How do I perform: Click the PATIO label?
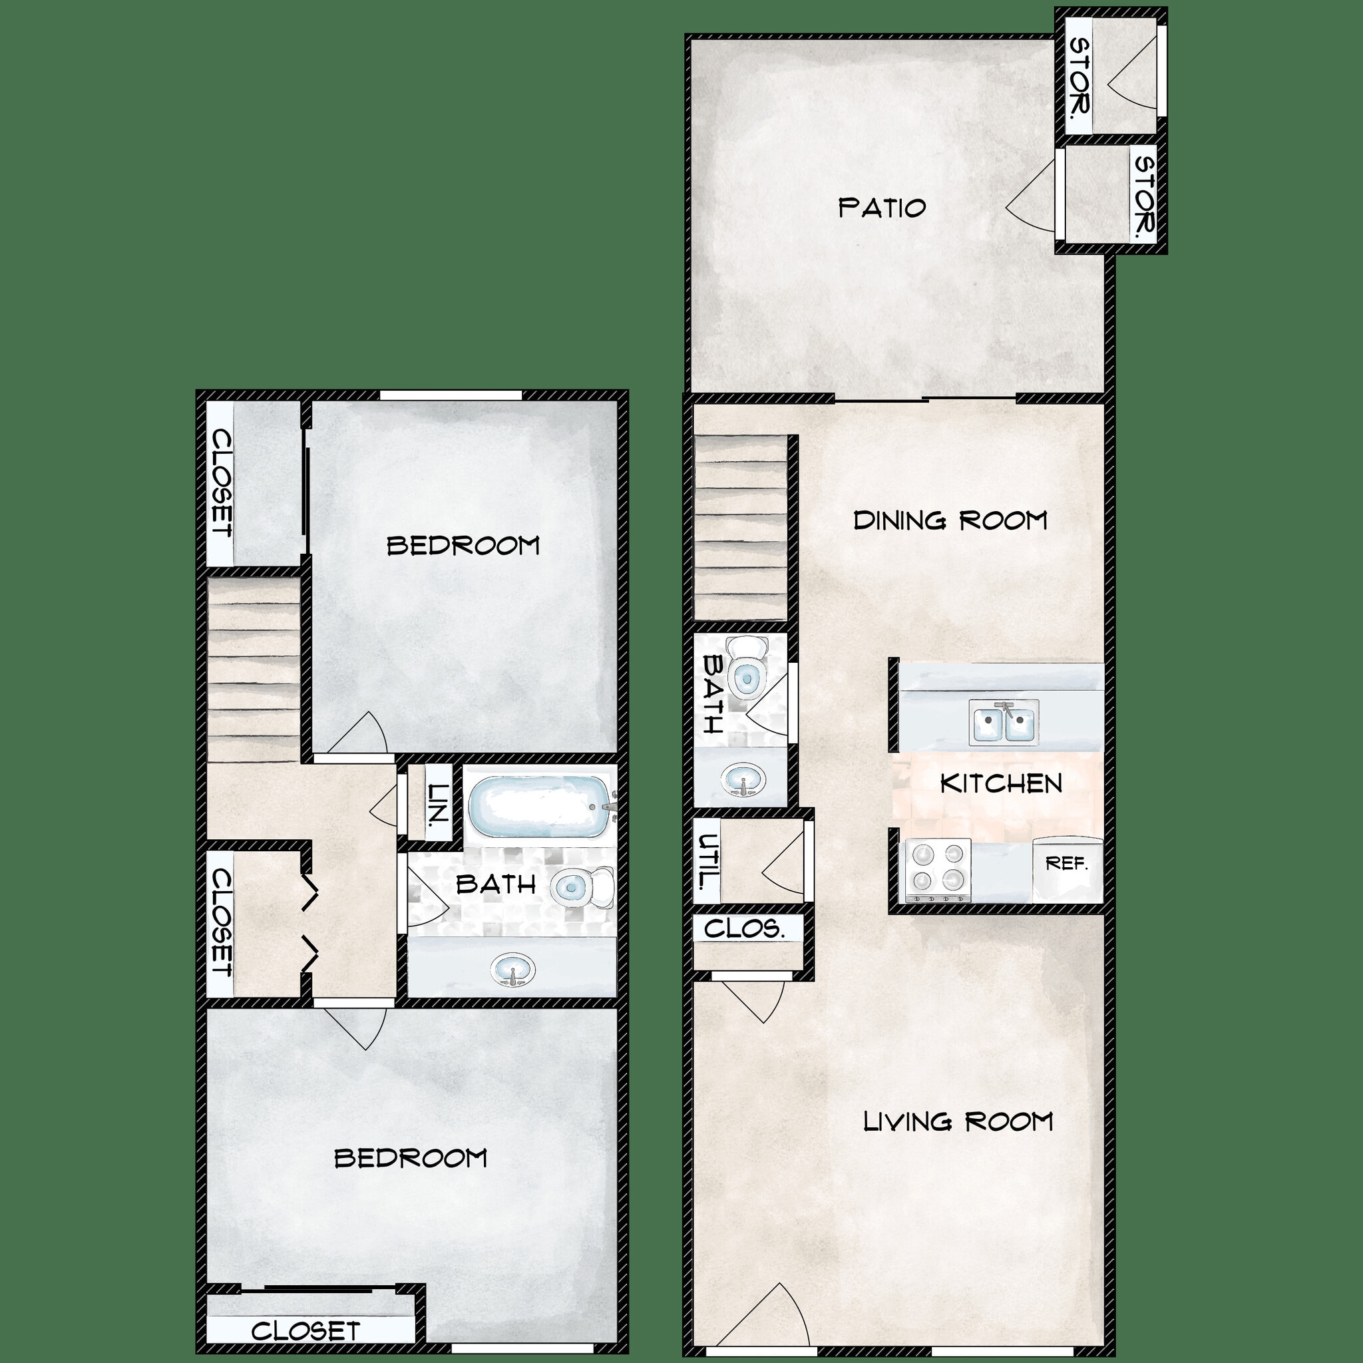tap(882, 208)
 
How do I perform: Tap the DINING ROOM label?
tap(950, 520)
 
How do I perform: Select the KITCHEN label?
tap(1001, 783)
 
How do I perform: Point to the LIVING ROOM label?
tap(958, 1121)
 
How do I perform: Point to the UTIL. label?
tap(707, 861)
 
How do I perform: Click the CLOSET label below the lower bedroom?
tap(305, 1331)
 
